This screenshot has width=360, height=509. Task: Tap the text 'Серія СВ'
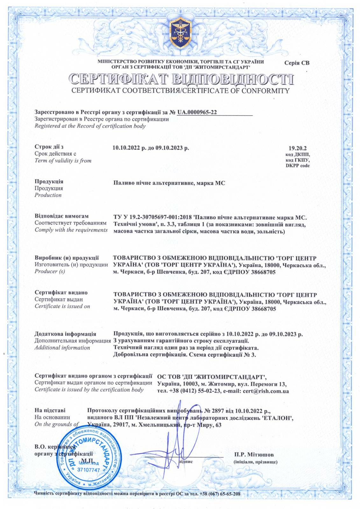297,63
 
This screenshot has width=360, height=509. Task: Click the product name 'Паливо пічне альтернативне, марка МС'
169,183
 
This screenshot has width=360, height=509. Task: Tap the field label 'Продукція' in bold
49,181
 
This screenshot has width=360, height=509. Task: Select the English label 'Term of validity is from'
63,161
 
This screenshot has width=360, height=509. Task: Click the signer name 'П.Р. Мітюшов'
253,455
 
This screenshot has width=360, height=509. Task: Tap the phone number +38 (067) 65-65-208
220,494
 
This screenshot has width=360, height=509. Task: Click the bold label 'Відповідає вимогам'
61,216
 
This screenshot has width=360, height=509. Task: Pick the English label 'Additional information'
62,348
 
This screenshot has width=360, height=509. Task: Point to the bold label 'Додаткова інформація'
65,334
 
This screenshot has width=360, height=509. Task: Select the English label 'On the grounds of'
56,424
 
